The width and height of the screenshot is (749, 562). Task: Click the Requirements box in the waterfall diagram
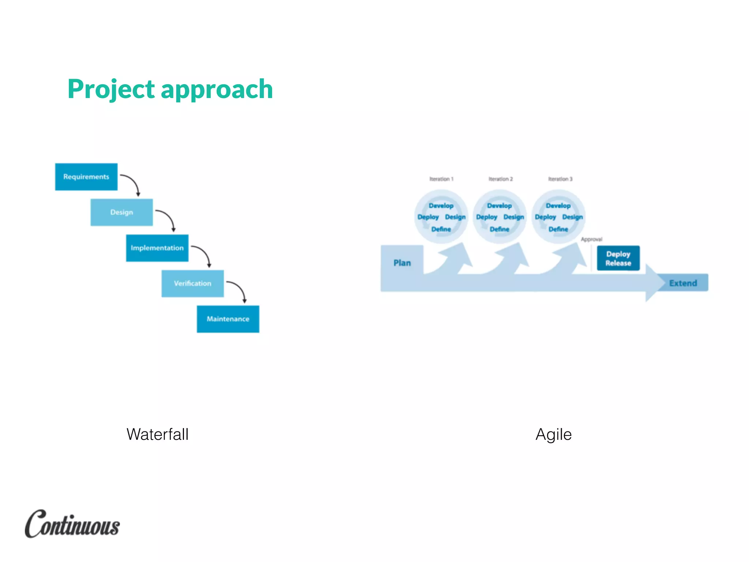tap(86, 177)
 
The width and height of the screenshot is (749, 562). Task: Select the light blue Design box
tap(121, 212)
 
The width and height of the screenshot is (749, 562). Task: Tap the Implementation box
tap(157, 248)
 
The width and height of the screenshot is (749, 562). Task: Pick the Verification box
tap(193, 284)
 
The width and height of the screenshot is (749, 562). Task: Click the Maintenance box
tap(228, 319)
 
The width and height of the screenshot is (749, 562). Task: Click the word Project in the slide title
tap(111, 89)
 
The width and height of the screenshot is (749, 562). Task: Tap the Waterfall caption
tap(157, 434)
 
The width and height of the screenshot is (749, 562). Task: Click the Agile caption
tap(553, 434)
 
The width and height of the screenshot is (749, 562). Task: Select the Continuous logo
tap(72, 524)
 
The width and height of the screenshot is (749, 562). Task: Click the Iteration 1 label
tap(441, 179)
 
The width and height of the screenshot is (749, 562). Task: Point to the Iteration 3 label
tap(560, 179)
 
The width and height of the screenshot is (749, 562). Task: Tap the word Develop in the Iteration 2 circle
tap(499, 206)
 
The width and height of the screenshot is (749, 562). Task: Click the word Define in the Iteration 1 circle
tap(441, 229)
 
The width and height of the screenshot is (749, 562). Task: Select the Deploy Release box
tap(618, 258)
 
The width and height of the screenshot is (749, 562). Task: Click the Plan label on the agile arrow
tap(402, 263)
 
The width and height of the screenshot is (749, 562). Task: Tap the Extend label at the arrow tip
tap(683, 283)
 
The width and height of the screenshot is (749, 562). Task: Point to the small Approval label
tap(591, 239)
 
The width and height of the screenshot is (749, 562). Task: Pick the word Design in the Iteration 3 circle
tap(572, 217)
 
